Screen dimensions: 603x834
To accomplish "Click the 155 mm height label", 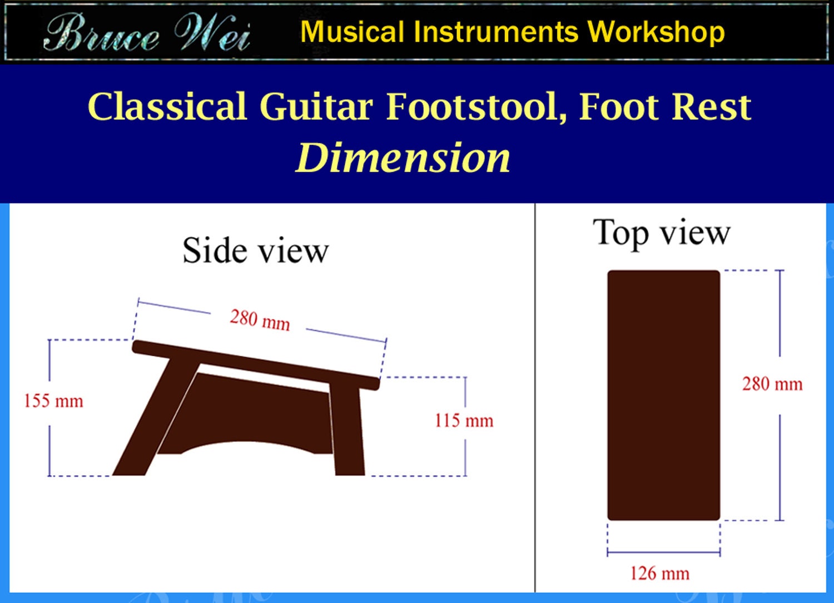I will pyautogui.click(x=53, y=401).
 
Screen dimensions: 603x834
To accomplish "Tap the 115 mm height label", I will pyautogui.click(x=464, y=421).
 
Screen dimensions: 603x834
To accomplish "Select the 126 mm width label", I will pyautogui.click(x=659, y=573).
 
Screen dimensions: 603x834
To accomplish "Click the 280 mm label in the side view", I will pyautogui.click(x=260, y=320).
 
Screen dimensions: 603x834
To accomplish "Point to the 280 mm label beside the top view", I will pyautogui.click(x=772, y=384).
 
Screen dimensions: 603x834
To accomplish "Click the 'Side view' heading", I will pyautogui.click(x=255, y=251).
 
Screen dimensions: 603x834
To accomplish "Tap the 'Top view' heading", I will pyautogui.click(x=661, y=232).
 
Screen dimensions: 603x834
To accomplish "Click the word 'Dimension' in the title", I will pyautogui.click(x=403, y=158).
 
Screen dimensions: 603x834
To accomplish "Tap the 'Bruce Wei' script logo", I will pyautogui.click(x=147, y=33).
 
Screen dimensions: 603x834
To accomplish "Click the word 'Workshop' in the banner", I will pyautogui.click(x=656, y=32).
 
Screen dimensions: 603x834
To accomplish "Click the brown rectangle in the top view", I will pyautogui.click(x=663, y=395).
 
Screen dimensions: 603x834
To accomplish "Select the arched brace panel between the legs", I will pyautogui.click(x=250, y=411).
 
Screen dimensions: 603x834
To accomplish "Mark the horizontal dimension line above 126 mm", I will pyautogui.click(x=663, y=552).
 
